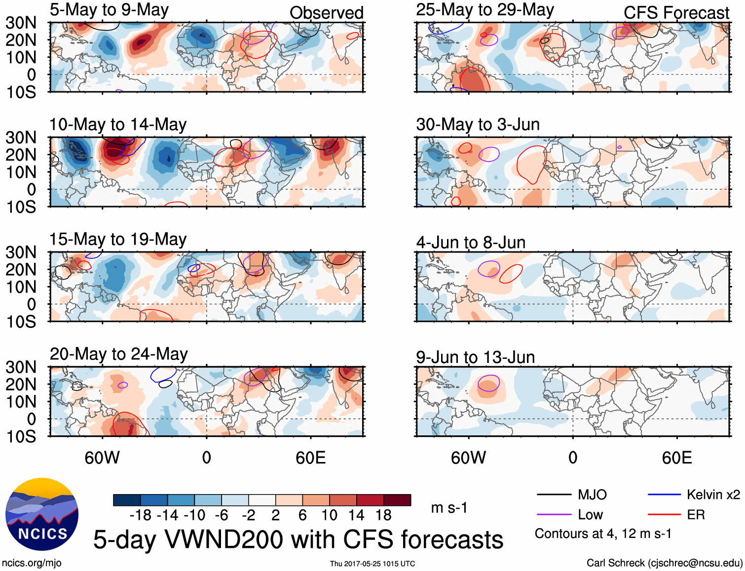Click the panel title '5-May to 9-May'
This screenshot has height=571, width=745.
coord(109,10)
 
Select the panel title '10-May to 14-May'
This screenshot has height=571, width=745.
coord(118,124)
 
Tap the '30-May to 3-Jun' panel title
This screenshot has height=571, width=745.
coord(478,124)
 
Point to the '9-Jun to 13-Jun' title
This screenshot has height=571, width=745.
coord(475,357)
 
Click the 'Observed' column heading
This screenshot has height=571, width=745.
coord(326,13)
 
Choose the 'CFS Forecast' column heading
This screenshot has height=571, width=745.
coord(676,13)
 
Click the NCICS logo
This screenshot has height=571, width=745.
coord(42,514)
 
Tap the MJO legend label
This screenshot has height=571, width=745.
coord(592,495)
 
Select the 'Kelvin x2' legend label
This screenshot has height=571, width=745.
coord(713,495)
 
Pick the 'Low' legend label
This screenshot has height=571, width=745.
coord(590,515)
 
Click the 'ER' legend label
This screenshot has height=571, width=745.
coord(696,515)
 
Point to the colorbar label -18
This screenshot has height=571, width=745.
coord(141,515)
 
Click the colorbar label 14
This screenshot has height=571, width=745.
coord(356,515)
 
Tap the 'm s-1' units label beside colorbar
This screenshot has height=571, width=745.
coord(449,508)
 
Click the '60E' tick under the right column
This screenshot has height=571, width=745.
coord(676,458)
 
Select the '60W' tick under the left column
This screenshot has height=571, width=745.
coord(102,458)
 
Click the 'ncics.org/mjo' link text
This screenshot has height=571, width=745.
coord(32,563)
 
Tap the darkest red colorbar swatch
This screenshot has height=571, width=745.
coord(397,500)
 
